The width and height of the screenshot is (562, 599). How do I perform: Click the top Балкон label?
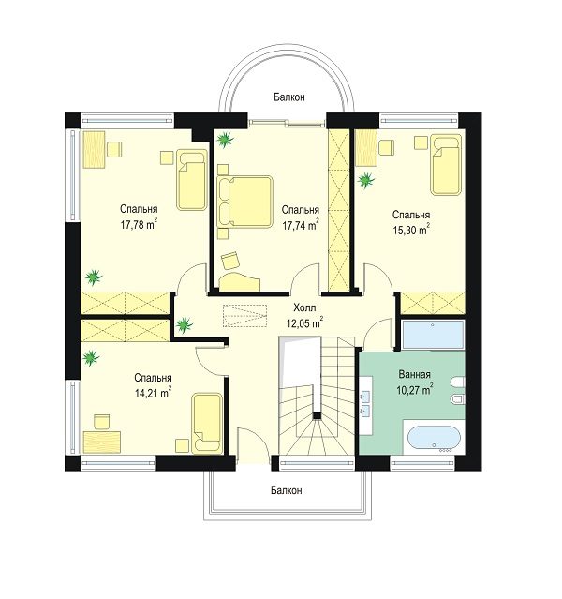[289, 97]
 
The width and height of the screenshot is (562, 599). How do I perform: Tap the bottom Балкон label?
[287, 490]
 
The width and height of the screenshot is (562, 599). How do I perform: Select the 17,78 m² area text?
[139, 224]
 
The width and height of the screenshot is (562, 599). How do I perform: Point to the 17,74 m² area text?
[301, 225]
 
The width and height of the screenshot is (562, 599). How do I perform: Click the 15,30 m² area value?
[411, 230]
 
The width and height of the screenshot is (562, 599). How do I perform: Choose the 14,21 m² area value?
[153, 393]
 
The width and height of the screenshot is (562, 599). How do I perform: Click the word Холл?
[304, 307]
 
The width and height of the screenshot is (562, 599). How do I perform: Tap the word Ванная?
[415, 374]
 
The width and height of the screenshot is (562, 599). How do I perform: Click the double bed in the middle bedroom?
[244, 202]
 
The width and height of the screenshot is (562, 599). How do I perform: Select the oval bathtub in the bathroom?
[434, 440]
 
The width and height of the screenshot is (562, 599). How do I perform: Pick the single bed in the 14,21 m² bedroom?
[207, 424]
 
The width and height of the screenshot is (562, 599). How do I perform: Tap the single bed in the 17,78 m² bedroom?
[192, 180]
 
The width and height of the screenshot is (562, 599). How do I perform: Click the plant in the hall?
[185, 324]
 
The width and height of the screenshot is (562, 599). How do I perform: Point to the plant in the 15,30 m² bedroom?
[366, 180]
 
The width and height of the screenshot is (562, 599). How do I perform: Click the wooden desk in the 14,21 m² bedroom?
[102, 442]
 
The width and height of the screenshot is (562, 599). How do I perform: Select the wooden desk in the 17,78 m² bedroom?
[94, 149]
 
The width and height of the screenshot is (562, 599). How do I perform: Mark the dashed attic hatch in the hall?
[244, 316]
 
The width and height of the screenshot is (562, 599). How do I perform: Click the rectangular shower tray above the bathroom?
[433, 335]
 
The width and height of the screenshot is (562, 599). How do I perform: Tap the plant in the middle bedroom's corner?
[225, 140]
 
